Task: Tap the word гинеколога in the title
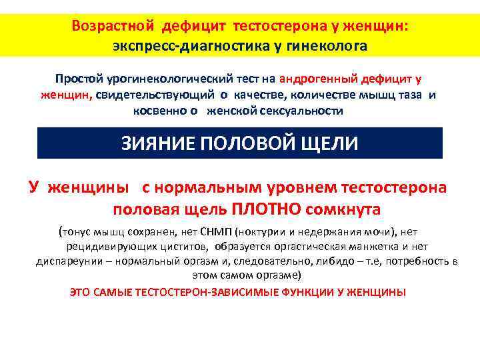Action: (327, 46)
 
